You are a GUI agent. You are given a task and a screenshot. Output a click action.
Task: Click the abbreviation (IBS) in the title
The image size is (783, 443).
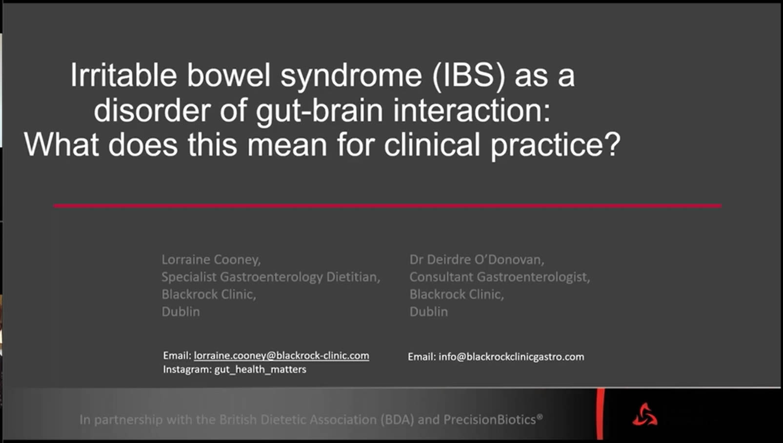point(469,76)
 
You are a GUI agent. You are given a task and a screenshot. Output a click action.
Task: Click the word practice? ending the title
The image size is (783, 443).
point(556,146)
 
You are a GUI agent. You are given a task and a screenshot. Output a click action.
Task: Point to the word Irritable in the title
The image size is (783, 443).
point(124,75)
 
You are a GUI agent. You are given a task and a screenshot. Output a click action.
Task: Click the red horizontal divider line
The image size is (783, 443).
point(388,206)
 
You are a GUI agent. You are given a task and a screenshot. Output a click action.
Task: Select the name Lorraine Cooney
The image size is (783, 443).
point(211,260)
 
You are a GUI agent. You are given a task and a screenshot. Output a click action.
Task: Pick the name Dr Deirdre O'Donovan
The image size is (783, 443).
point(477,260)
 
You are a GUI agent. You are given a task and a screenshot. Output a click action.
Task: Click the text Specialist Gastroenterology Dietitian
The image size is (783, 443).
point(271,277)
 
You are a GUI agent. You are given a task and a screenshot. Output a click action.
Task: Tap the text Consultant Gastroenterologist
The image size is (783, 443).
point(500,277)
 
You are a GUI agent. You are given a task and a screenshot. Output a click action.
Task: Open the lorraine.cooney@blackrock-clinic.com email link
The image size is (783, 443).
point(281,356)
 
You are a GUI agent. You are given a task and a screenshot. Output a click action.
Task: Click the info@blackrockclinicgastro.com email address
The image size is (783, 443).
point(511,357)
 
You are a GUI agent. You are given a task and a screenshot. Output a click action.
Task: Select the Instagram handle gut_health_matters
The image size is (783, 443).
point(260,369)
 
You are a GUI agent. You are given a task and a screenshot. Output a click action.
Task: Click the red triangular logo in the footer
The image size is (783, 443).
point(645,415)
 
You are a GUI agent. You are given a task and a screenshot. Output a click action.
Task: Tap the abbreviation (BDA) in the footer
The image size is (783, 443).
point(397,420)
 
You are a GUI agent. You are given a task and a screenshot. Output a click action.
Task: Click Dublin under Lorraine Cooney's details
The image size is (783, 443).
point(181,312)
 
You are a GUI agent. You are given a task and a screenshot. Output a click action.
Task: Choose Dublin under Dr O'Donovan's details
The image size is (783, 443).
point(428,312)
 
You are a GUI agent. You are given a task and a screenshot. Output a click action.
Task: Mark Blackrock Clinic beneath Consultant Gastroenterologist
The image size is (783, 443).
point(457,295)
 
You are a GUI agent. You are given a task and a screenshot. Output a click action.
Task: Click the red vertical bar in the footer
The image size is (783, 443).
point(600,414)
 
